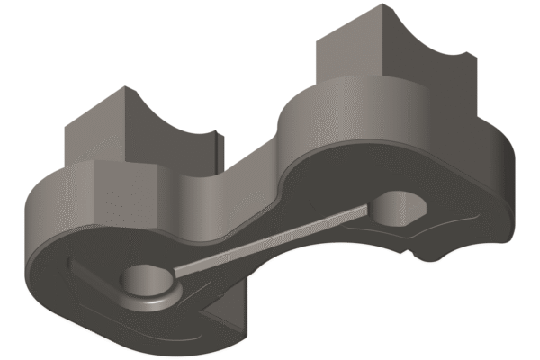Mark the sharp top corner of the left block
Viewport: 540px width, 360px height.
point(122,87)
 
